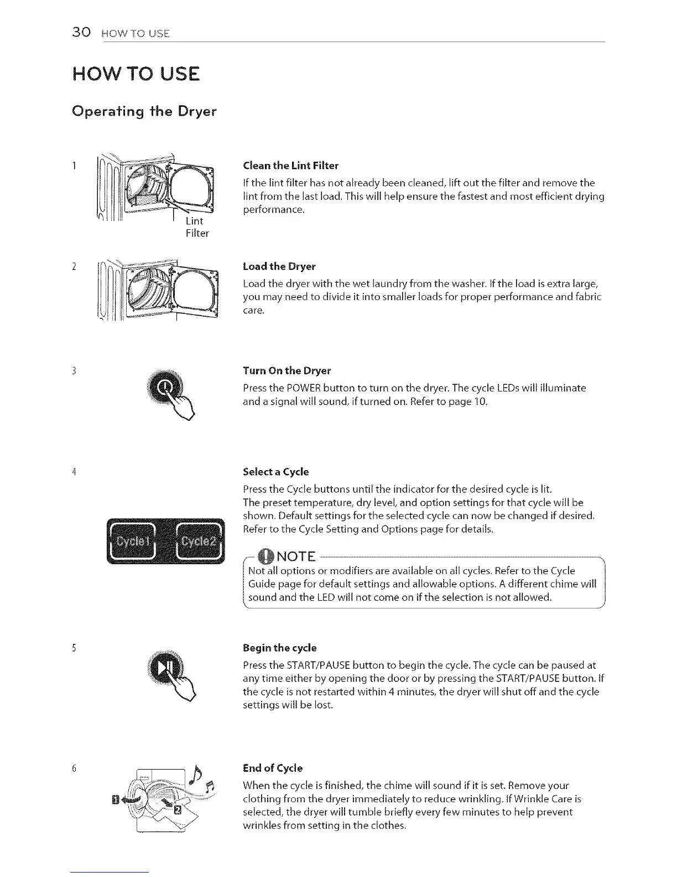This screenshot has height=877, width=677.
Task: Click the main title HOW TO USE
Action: pyautogui.click(x=136, y=74)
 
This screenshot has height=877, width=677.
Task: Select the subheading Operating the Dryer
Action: pyautogui.click(x=144, y=111)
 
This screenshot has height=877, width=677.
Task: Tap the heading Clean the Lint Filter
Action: pyautogui.click(x=290, y=166)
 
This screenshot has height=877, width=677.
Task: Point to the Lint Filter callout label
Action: pyautogui.click(x=197, y=227)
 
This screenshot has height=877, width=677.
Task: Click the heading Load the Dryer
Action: pyautogui.click(x=279, y=266)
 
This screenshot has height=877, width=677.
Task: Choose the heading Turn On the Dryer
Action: pyautogui.click(x=287, y=370)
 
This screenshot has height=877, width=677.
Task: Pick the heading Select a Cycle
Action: pyautogui.click(x=275, y=472)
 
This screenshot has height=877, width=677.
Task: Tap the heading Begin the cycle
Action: pyautogui.click(x=279, y=648)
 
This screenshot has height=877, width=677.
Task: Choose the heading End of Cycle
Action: pyautogui.click(x=273, y=768)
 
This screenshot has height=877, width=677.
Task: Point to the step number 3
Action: pyautogui.click(x=74, y=370)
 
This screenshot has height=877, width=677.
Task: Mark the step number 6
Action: pyautogui.click(x=74, y=768)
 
